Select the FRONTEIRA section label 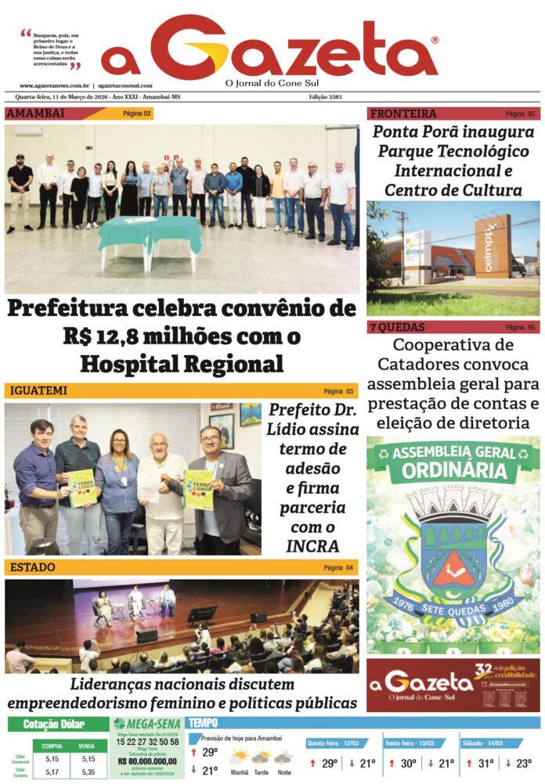403,113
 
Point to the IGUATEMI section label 36,390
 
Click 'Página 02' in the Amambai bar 137,113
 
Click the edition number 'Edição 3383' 325,97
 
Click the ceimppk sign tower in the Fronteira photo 491,246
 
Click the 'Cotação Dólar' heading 54,724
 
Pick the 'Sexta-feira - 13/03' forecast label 411,742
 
